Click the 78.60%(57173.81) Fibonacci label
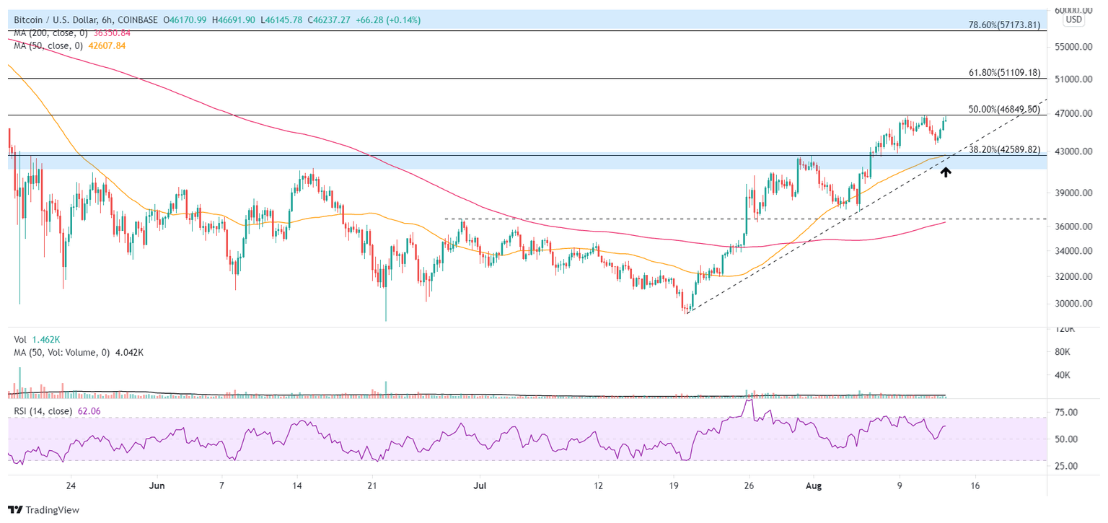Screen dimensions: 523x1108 (x=1003, y=25)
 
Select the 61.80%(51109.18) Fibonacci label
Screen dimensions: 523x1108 (x=1003, y=73)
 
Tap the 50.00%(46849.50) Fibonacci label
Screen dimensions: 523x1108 (x=1003, y=110)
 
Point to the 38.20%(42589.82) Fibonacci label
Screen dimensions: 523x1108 (x=1003, y=150)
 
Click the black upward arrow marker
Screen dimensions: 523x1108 (x=945, y=172)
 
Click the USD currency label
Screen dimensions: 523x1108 (x=1074, y=19)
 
